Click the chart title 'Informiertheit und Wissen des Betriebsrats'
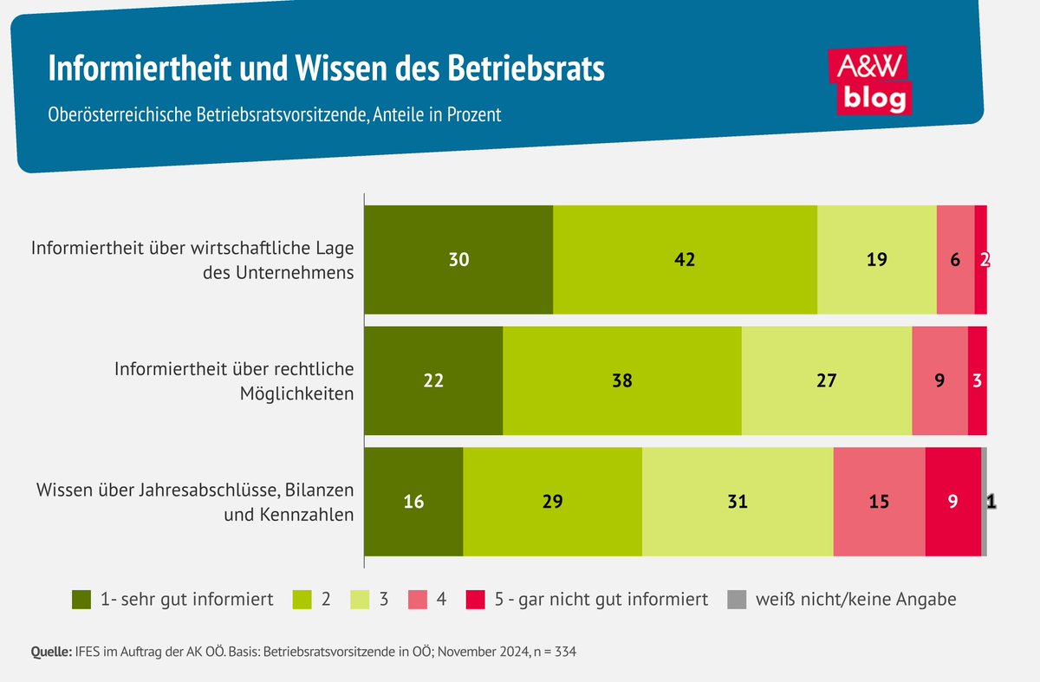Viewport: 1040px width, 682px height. [326, 69]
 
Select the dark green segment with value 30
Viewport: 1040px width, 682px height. [458, 259]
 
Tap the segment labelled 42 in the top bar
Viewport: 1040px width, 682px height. [685, 259]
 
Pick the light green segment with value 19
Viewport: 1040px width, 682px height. [876, 259]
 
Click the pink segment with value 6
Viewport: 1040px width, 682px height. [955, 259]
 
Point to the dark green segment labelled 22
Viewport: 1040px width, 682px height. [433, 380]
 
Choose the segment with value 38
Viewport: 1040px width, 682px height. [621, 380]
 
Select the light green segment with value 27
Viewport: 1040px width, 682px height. [826, 380]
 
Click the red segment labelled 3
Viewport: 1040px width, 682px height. [977, 380]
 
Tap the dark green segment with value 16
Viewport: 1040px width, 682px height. [413, 502]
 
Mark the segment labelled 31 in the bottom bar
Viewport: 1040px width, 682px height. [738, 502]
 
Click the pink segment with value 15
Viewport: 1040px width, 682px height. [879, 502]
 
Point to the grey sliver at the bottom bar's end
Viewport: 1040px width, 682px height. [984, 502]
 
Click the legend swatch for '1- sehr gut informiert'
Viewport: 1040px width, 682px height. [81, 599]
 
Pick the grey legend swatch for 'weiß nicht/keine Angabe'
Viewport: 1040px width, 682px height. [737, 599]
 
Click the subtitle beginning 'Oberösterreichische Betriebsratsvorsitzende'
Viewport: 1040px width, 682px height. [274, 114]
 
